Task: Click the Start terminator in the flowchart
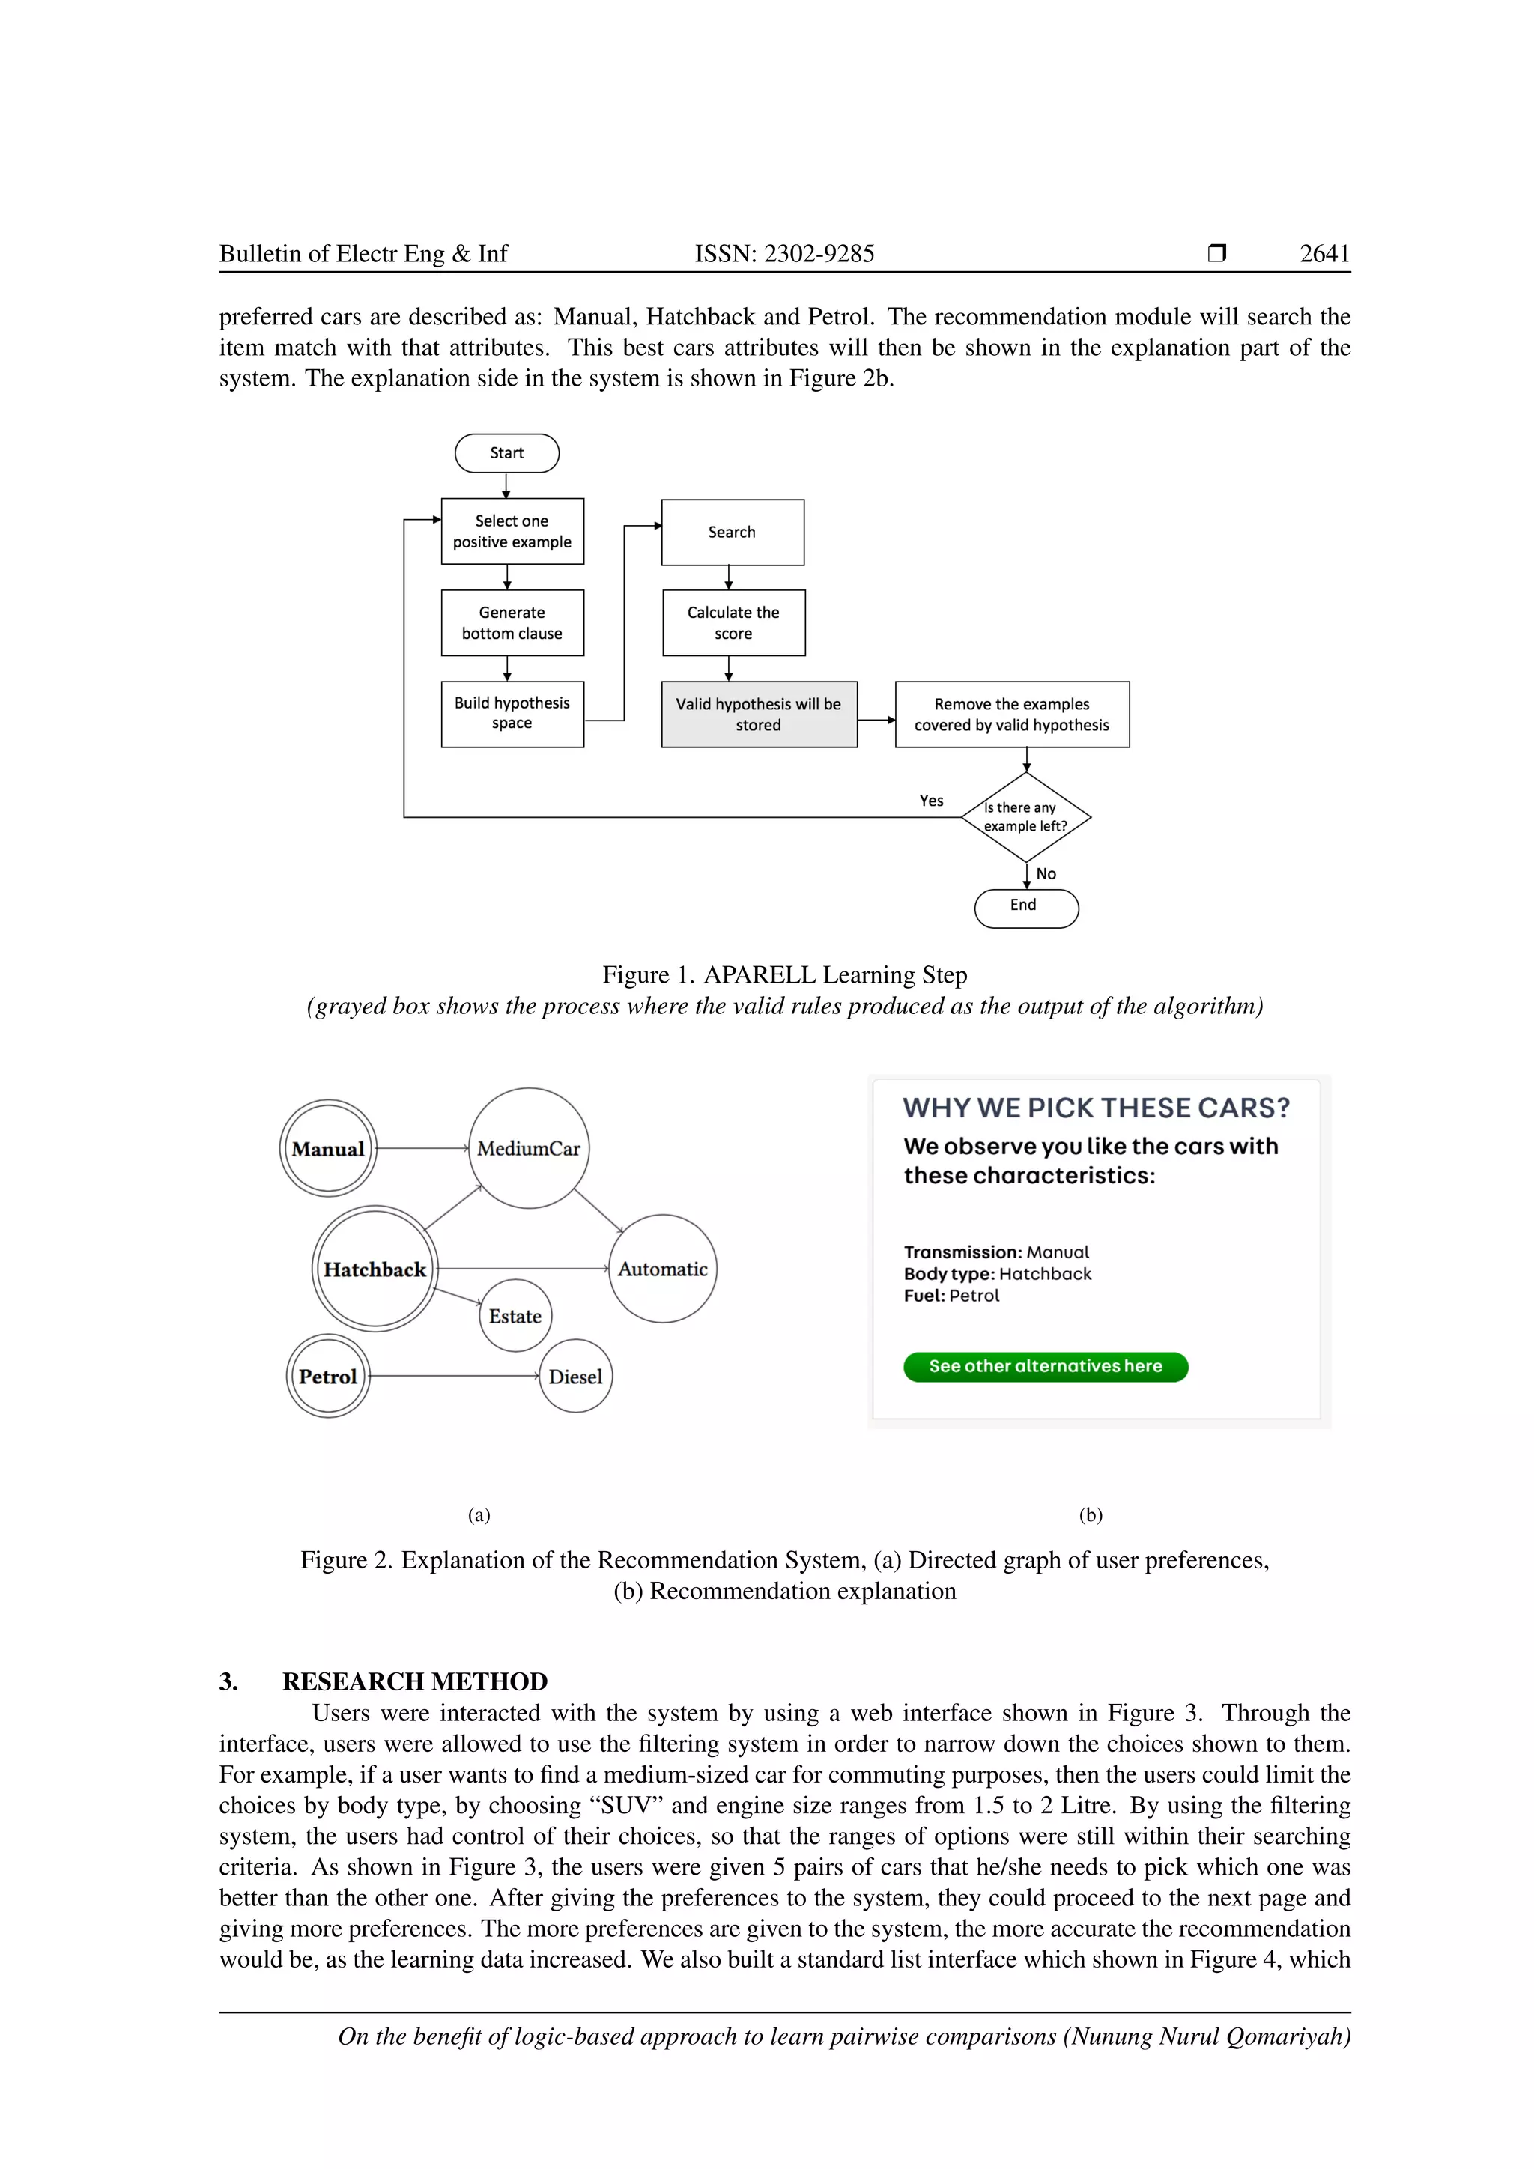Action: click(506, 453)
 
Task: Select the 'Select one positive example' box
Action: click(512, 531)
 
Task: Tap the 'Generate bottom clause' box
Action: click(512, 622)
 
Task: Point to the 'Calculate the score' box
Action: click(733, 622)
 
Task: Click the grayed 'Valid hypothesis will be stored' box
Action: click(759, 715)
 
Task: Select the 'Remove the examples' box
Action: click(1012, 715)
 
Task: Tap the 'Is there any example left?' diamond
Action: click(1026, 817)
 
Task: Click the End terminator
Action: click(1026, 908)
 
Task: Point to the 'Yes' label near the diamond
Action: click(931, 801)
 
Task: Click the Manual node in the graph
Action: click(328, 1149)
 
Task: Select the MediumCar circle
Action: click(529, 1148)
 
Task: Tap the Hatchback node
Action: click(375, 1269)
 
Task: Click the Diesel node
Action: click(575, 1377)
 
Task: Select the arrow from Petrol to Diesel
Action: click(453, 1377)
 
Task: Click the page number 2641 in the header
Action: click(1324, 253)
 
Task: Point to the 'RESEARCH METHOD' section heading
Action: click(415, 1681)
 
